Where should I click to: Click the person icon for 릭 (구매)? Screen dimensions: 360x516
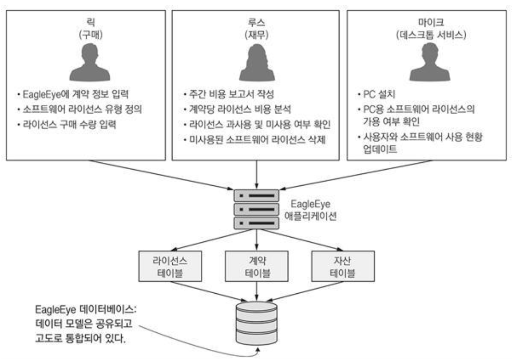[x=90, y=64]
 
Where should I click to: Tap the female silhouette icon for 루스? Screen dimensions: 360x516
[x=257, y=63]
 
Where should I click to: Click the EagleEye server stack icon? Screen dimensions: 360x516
[x=257, y=209]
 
